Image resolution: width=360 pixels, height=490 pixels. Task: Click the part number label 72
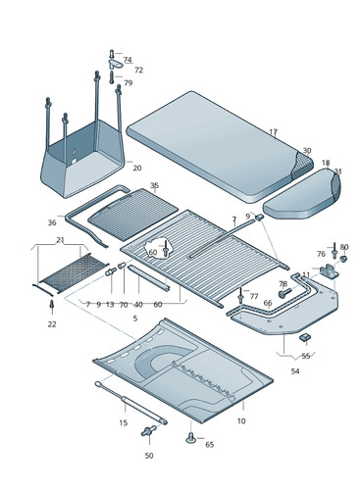tap(138, 71)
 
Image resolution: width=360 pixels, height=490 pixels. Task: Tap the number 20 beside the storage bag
tap(137, 168)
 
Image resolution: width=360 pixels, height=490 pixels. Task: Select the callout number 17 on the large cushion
tap(274, 132)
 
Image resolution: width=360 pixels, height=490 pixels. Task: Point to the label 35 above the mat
tap(154, 185)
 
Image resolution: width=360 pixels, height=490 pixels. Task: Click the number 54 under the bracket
tap(295, 371)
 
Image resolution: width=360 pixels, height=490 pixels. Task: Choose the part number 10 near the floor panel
tap(241, 421)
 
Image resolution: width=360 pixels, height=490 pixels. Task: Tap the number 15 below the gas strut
tap(123, 422)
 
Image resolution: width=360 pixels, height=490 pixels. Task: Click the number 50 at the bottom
tap(149, 456)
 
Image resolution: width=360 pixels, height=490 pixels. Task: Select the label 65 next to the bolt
tap(209, 445)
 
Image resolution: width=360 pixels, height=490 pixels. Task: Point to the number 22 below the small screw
tap(52, 324)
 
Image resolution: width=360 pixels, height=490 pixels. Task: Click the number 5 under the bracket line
tap(135, 318)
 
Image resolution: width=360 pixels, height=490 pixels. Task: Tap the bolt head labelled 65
tap(191, 438)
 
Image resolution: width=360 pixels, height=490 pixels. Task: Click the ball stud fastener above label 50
tap(149, 431)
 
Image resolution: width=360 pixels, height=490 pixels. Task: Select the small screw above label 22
tap(51, 304)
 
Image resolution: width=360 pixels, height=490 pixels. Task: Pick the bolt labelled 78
tap(284, 293)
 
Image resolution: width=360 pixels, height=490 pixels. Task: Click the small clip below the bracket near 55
tap(304, 337)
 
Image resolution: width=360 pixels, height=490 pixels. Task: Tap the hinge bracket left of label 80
tap(329, 271)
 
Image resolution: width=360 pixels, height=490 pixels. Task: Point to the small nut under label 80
tap(343, 259)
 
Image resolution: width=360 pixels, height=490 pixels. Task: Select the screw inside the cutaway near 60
tap(166, 249)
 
